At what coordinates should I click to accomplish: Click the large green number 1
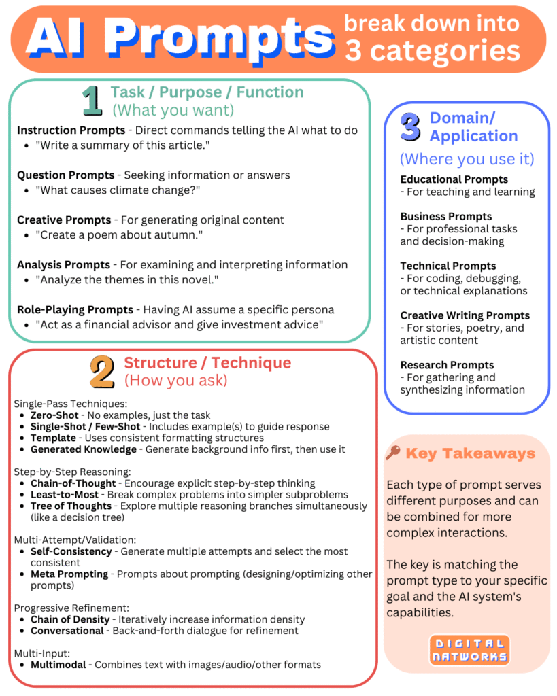92,101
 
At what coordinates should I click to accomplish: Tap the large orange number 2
102,372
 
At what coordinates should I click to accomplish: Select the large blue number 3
410,128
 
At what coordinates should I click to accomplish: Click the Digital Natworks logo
469,650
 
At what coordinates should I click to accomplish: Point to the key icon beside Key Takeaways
392,453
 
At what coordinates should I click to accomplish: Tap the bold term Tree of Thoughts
71,506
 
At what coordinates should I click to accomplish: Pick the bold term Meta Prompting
69,574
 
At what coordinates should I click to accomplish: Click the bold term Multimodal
58,664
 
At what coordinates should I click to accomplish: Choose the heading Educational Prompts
454,179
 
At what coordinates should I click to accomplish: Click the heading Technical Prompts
448,266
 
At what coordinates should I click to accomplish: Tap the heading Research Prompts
447,365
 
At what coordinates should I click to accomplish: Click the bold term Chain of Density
70,619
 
